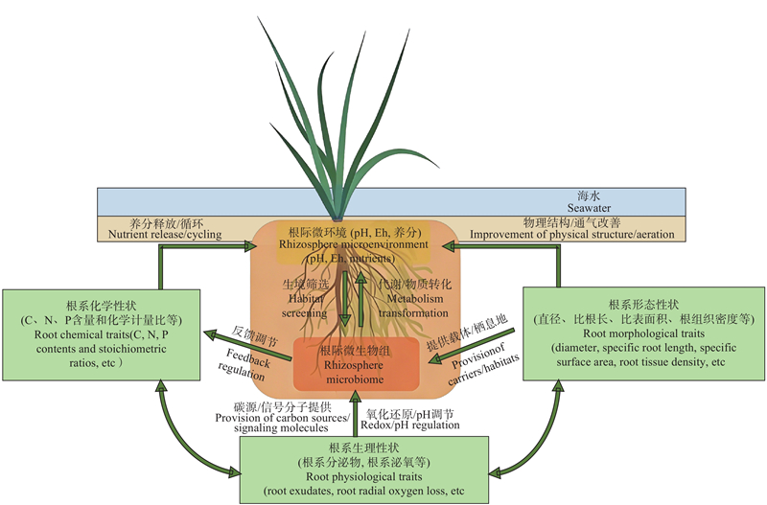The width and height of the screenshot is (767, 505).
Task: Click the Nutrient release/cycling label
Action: pyautogui.click(x=164, y=234)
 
